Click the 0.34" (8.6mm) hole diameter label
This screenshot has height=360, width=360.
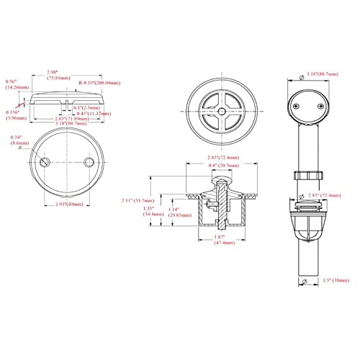(16, 141)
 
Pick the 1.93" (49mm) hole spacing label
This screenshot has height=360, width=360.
(68, 205)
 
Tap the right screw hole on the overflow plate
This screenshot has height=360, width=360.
(89, 165)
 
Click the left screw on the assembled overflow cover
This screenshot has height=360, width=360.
(295, 107)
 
